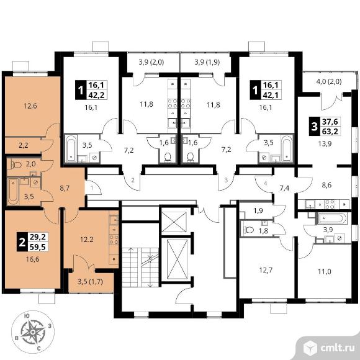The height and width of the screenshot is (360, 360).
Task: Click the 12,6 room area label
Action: [30, 106]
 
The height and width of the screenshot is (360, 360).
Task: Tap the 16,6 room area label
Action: [32, 259]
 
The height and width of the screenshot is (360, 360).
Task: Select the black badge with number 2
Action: [22, 242]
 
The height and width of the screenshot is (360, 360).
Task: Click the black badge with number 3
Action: [314, 126]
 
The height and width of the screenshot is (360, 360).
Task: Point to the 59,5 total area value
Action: [38, 247]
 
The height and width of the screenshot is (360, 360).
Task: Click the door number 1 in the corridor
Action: [92, 188]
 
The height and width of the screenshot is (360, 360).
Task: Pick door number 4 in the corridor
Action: [266, 183]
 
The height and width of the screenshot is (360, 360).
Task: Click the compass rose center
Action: [33, 332]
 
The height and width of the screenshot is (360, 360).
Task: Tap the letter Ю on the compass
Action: [27, 316]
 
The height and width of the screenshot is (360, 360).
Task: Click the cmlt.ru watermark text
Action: [337, 348]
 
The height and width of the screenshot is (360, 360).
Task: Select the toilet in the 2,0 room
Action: [16, 164]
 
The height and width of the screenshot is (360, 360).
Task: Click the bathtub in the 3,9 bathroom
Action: [332, 218]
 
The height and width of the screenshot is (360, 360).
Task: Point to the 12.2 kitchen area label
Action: [87, 240]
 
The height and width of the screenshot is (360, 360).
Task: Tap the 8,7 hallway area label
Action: [65, 188]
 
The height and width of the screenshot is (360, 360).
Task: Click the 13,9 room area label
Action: [325, 144]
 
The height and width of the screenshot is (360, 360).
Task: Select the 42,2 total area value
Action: [96, 94]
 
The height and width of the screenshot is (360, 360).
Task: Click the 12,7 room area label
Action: [266, 270]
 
